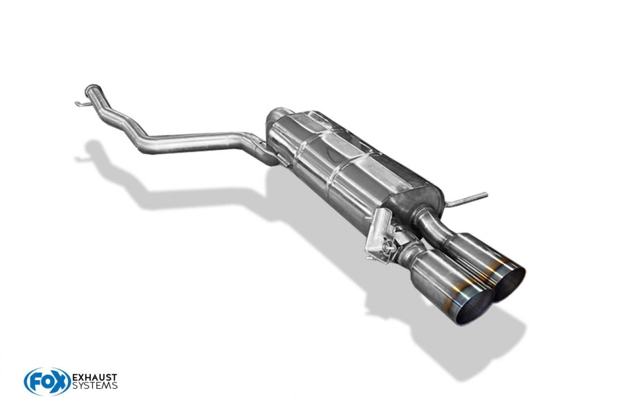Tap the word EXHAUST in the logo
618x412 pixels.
(95, 377)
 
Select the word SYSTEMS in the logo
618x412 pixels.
(95, 385)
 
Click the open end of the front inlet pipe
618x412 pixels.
(92, 88)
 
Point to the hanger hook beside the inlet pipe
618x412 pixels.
(82, 103)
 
